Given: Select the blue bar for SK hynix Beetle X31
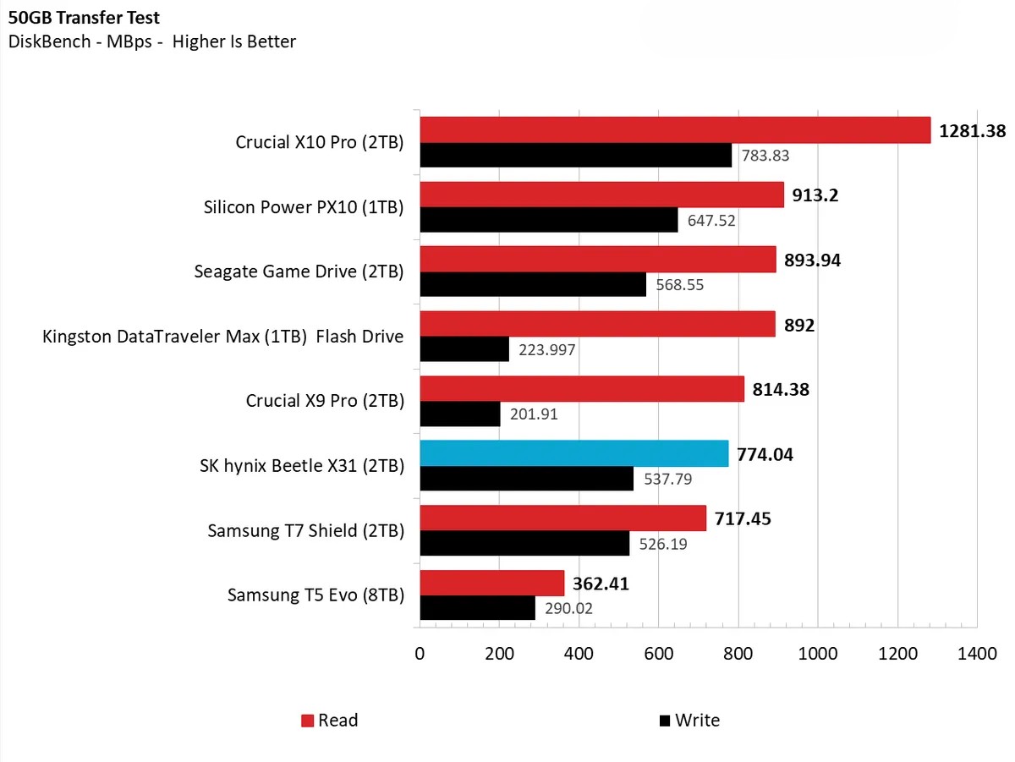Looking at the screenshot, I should tap(573, 454).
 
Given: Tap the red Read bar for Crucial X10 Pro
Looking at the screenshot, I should tap(674, 130).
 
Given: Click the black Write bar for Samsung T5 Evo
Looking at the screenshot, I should tap(477, 607).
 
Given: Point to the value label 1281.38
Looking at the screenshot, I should tap(971, 131).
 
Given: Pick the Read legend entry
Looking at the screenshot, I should tap(330, 721).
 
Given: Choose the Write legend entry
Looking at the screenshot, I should tap(689, 721).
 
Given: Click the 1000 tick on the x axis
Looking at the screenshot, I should tap(818, 653).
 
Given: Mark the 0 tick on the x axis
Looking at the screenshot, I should tap(420, 653).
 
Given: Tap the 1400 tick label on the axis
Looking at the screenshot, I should tap(977, 653).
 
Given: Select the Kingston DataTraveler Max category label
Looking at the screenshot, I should tap(223, 337).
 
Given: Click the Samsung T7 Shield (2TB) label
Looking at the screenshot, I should tap(305, 531).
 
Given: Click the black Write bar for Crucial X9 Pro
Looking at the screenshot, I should tap(459, 414).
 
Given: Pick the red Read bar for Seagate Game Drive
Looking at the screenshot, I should tap(597, 260).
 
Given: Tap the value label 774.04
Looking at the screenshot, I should tap(765, 455).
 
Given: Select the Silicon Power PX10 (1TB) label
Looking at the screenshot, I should tap(304, 207).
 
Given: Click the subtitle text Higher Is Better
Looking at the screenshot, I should tap(234, 41).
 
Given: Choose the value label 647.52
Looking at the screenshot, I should tap(712, 221).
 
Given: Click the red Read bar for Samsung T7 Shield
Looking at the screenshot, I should tap(562, 518).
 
